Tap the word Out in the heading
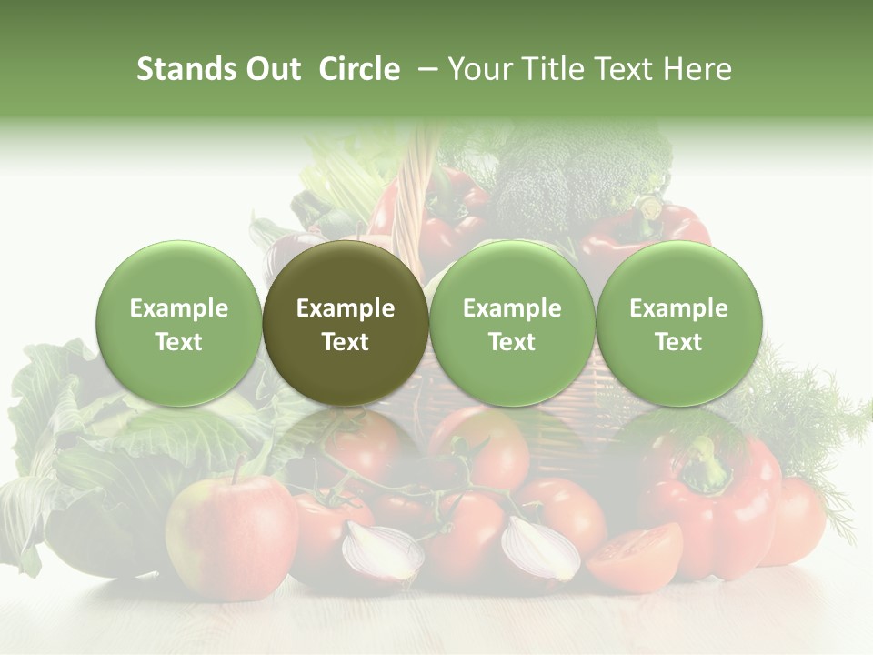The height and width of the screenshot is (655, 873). point(270,69)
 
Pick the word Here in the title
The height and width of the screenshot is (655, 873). point(697,69)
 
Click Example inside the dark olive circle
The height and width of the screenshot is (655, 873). point(346,308)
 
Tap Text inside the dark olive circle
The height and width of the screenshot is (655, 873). point(346,342)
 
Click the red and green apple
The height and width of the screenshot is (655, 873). point(231,532)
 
